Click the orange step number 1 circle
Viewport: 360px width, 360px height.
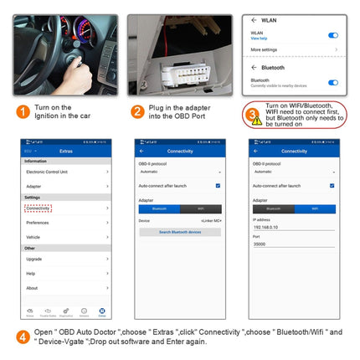[x=23, y=111]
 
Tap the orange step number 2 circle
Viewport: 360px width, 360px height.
[x=137, y=111]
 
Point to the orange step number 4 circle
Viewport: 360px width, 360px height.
[x=23, y=337]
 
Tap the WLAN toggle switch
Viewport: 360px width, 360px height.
[x=333, y=35]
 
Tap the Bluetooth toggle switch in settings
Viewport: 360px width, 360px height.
[x=333, y=82]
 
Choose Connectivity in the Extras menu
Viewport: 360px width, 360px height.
[x=38, y=208]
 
